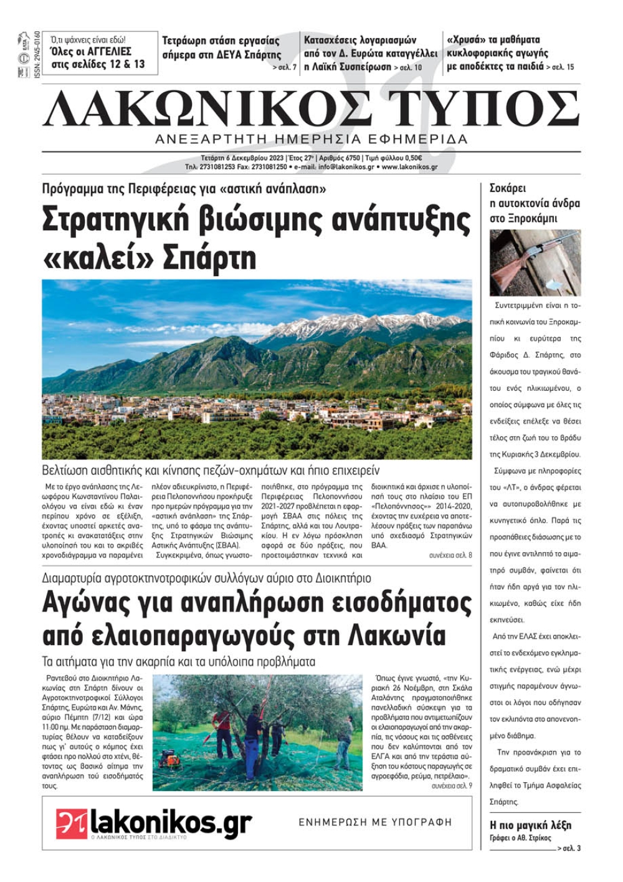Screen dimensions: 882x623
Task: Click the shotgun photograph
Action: tap(535, 262)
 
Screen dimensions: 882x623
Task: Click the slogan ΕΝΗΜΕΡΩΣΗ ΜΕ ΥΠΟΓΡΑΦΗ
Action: tap(375, 823)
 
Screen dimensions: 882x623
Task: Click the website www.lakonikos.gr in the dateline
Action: tap(409, 168)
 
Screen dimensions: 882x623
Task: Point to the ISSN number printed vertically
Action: tap(37, 55)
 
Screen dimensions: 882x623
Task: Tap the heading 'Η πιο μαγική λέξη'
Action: tap(530, 825)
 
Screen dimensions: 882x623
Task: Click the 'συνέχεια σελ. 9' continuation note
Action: tap(452, 786)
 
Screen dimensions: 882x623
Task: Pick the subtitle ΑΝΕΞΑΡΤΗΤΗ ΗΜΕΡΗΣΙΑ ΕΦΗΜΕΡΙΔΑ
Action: tap(311, 139)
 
